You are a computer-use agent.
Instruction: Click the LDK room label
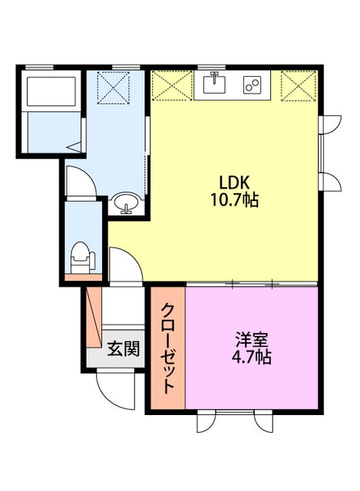[233, 183]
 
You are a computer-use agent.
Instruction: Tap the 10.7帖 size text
[234, 199]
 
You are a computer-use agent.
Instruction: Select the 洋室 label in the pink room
[252, 340]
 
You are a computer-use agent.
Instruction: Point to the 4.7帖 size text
[251, 357]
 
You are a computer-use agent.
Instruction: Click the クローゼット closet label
[167, 348]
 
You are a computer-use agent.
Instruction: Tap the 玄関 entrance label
[124, 348]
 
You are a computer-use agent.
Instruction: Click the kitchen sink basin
[215, 84]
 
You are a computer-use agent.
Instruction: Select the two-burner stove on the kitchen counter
[253, 84]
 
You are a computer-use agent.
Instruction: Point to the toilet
[82, 258]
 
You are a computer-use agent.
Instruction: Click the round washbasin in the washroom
[126, 203]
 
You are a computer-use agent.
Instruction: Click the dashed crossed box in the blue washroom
[113, 88]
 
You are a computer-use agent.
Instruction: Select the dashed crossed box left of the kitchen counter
[172, 86]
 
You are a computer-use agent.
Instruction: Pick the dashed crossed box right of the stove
[299, 86]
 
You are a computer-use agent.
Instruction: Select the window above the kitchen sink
[212, 68]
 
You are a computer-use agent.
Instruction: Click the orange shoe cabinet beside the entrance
[94, 317]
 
